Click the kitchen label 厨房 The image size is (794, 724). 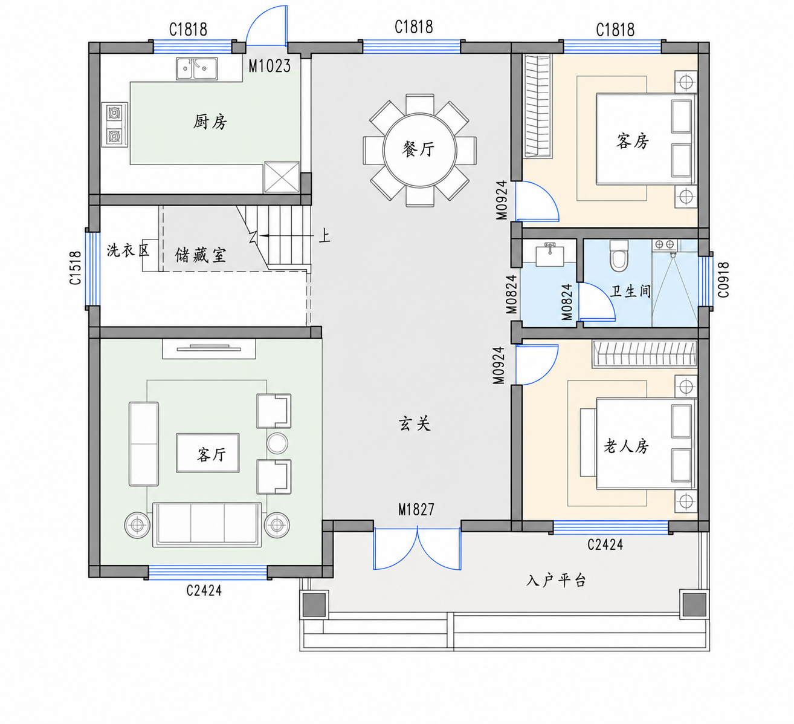(210, 122)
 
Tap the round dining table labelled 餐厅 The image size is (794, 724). (419, 151)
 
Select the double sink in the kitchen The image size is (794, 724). (197, 69)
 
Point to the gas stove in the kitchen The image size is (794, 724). (114, 125)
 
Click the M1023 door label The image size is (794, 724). (270, 66)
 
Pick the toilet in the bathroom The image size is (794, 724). (619, 256)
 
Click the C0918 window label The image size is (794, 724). (723, 279)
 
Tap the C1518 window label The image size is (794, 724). (75, 268)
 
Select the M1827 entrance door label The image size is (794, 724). (416, 509)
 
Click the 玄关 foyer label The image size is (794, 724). (415, 423)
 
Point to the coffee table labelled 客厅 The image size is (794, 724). (208, 453)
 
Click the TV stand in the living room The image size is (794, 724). (208, 349)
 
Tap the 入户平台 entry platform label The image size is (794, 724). (556, 581)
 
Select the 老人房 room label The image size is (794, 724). (626, 446)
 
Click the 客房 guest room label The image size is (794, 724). (633, 142)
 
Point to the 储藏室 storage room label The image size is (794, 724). (200, 255)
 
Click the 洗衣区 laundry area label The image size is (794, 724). (127, 250)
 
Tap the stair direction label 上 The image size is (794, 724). (324, 236)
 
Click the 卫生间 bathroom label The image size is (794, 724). (630, 292)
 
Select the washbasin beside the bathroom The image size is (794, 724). (550, 255)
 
